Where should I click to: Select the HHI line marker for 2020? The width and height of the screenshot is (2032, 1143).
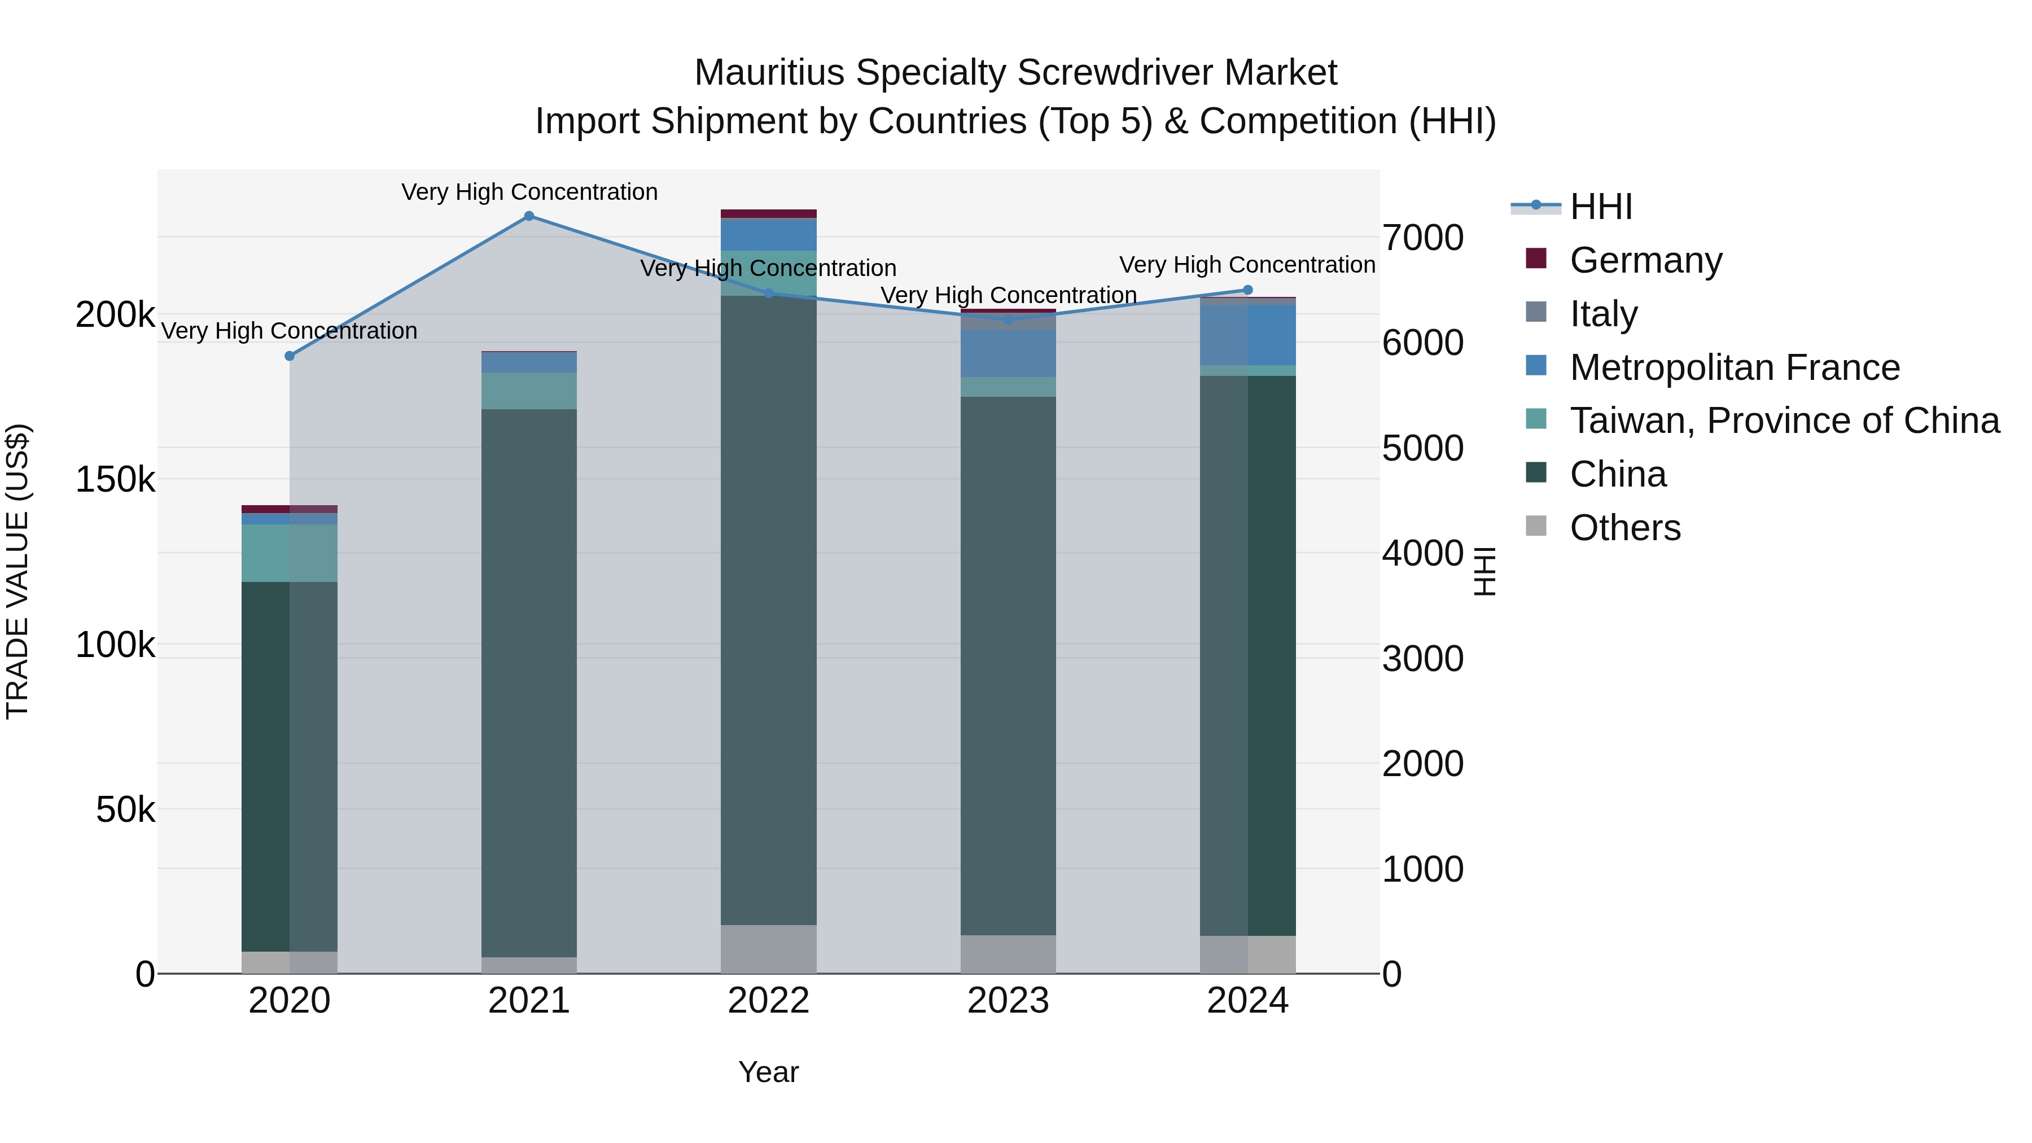(290, 356)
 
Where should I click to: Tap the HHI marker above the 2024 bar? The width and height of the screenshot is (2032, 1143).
(1247, 290)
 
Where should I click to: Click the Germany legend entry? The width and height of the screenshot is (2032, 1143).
(1645, 260)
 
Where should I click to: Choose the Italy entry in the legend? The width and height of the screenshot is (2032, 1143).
(1603, 313)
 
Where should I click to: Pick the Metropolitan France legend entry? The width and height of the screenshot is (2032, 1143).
(1734, 367)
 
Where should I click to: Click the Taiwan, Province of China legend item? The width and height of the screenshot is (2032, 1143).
(1784, 421)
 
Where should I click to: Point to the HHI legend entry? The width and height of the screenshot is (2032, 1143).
(1601, 207)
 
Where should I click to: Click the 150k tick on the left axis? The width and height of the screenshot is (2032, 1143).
(115, 479)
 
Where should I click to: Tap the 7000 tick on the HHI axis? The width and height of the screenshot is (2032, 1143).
(1422, 238)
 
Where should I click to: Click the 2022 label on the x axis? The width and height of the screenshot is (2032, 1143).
(768, 1001)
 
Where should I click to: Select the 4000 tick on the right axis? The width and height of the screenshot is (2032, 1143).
(1422, 553)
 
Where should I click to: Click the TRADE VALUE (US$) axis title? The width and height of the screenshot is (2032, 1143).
(17, 571)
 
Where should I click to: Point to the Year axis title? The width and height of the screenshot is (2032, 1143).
(768, 1072)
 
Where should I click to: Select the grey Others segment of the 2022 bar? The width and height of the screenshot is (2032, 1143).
(768, 949)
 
